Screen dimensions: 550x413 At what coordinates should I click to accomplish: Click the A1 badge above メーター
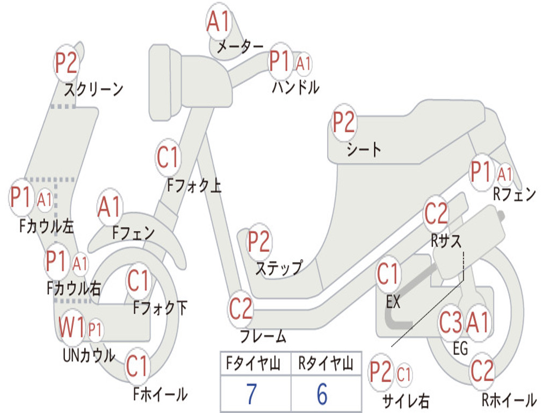(219, 23)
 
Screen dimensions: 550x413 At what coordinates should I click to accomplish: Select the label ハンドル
(295, 87)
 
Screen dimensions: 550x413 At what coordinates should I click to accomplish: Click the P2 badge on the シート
(344, 123)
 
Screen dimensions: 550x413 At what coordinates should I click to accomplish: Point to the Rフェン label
(514, 195)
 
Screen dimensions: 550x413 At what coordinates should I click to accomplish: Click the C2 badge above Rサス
(436, 214)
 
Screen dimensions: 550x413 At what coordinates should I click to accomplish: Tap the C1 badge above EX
(389, 275)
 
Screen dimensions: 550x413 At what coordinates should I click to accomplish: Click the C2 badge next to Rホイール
(482, 371)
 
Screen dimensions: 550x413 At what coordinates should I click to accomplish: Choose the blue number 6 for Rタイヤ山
(322, 394)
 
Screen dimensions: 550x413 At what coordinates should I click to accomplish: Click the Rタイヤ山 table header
(325, 365)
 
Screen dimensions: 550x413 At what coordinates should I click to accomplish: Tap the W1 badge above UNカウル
(72, 327)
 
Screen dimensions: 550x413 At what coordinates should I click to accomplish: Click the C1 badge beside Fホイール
(137, 367)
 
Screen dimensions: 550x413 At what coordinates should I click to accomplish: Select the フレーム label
(263, 337)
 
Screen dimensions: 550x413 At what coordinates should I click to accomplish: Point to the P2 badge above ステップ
(259, 242)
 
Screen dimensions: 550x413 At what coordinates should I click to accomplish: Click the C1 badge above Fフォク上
(168, 158)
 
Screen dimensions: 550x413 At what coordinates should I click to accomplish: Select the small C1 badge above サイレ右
(404, 374)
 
